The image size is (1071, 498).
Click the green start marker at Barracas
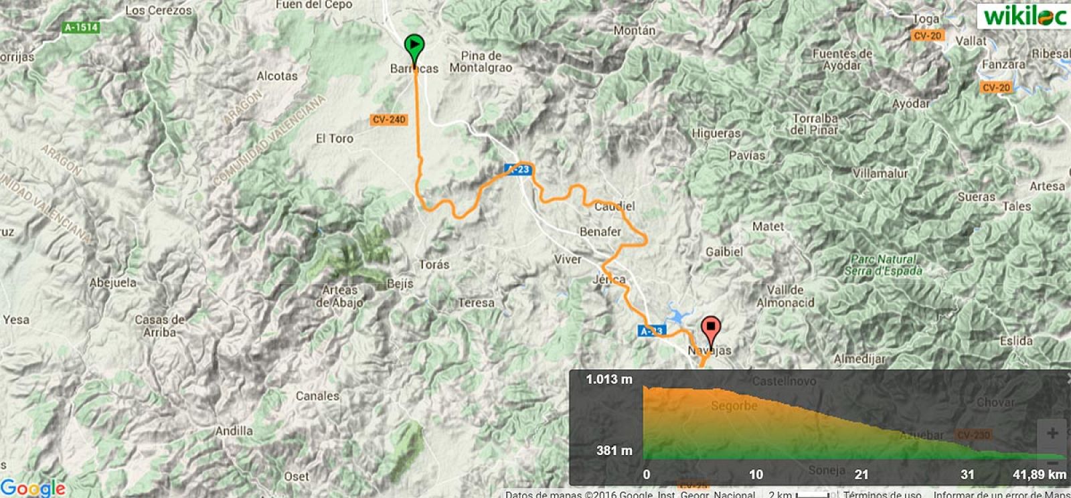(x=414, y=47)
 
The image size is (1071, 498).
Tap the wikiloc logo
(x=1023, y=15)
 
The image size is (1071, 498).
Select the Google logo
(x=33, y=487)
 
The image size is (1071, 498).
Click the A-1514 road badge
(x=82, y=27)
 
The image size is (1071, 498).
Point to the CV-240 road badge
(x=389, y=119)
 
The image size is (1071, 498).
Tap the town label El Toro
(x=334, y=139)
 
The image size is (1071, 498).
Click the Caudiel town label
(x=614, y=206)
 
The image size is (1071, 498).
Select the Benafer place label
(x=600, y=232)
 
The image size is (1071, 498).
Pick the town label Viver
(x=568, y=259)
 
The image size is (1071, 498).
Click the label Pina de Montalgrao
(x=481, y=62)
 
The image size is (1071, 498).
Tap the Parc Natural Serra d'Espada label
(x=884, y=265)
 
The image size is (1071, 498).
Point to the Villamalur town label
(x=880, y=173)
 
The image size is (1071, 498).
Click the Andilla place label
(x=234, y=431)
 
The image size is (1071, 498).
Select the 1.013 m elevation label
(x=608, y=380)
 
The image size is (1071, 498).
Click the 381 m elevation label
(x=614, y=450)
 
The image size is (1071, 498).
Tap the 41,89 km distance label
(x=1039, y=475)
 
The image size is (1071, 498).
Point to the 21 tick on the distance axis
(x=861, y=475)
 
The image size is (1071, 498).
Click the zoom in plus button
(x=1052, y=433)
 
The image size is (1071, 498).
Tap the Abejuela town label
(x=113, y=282)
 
